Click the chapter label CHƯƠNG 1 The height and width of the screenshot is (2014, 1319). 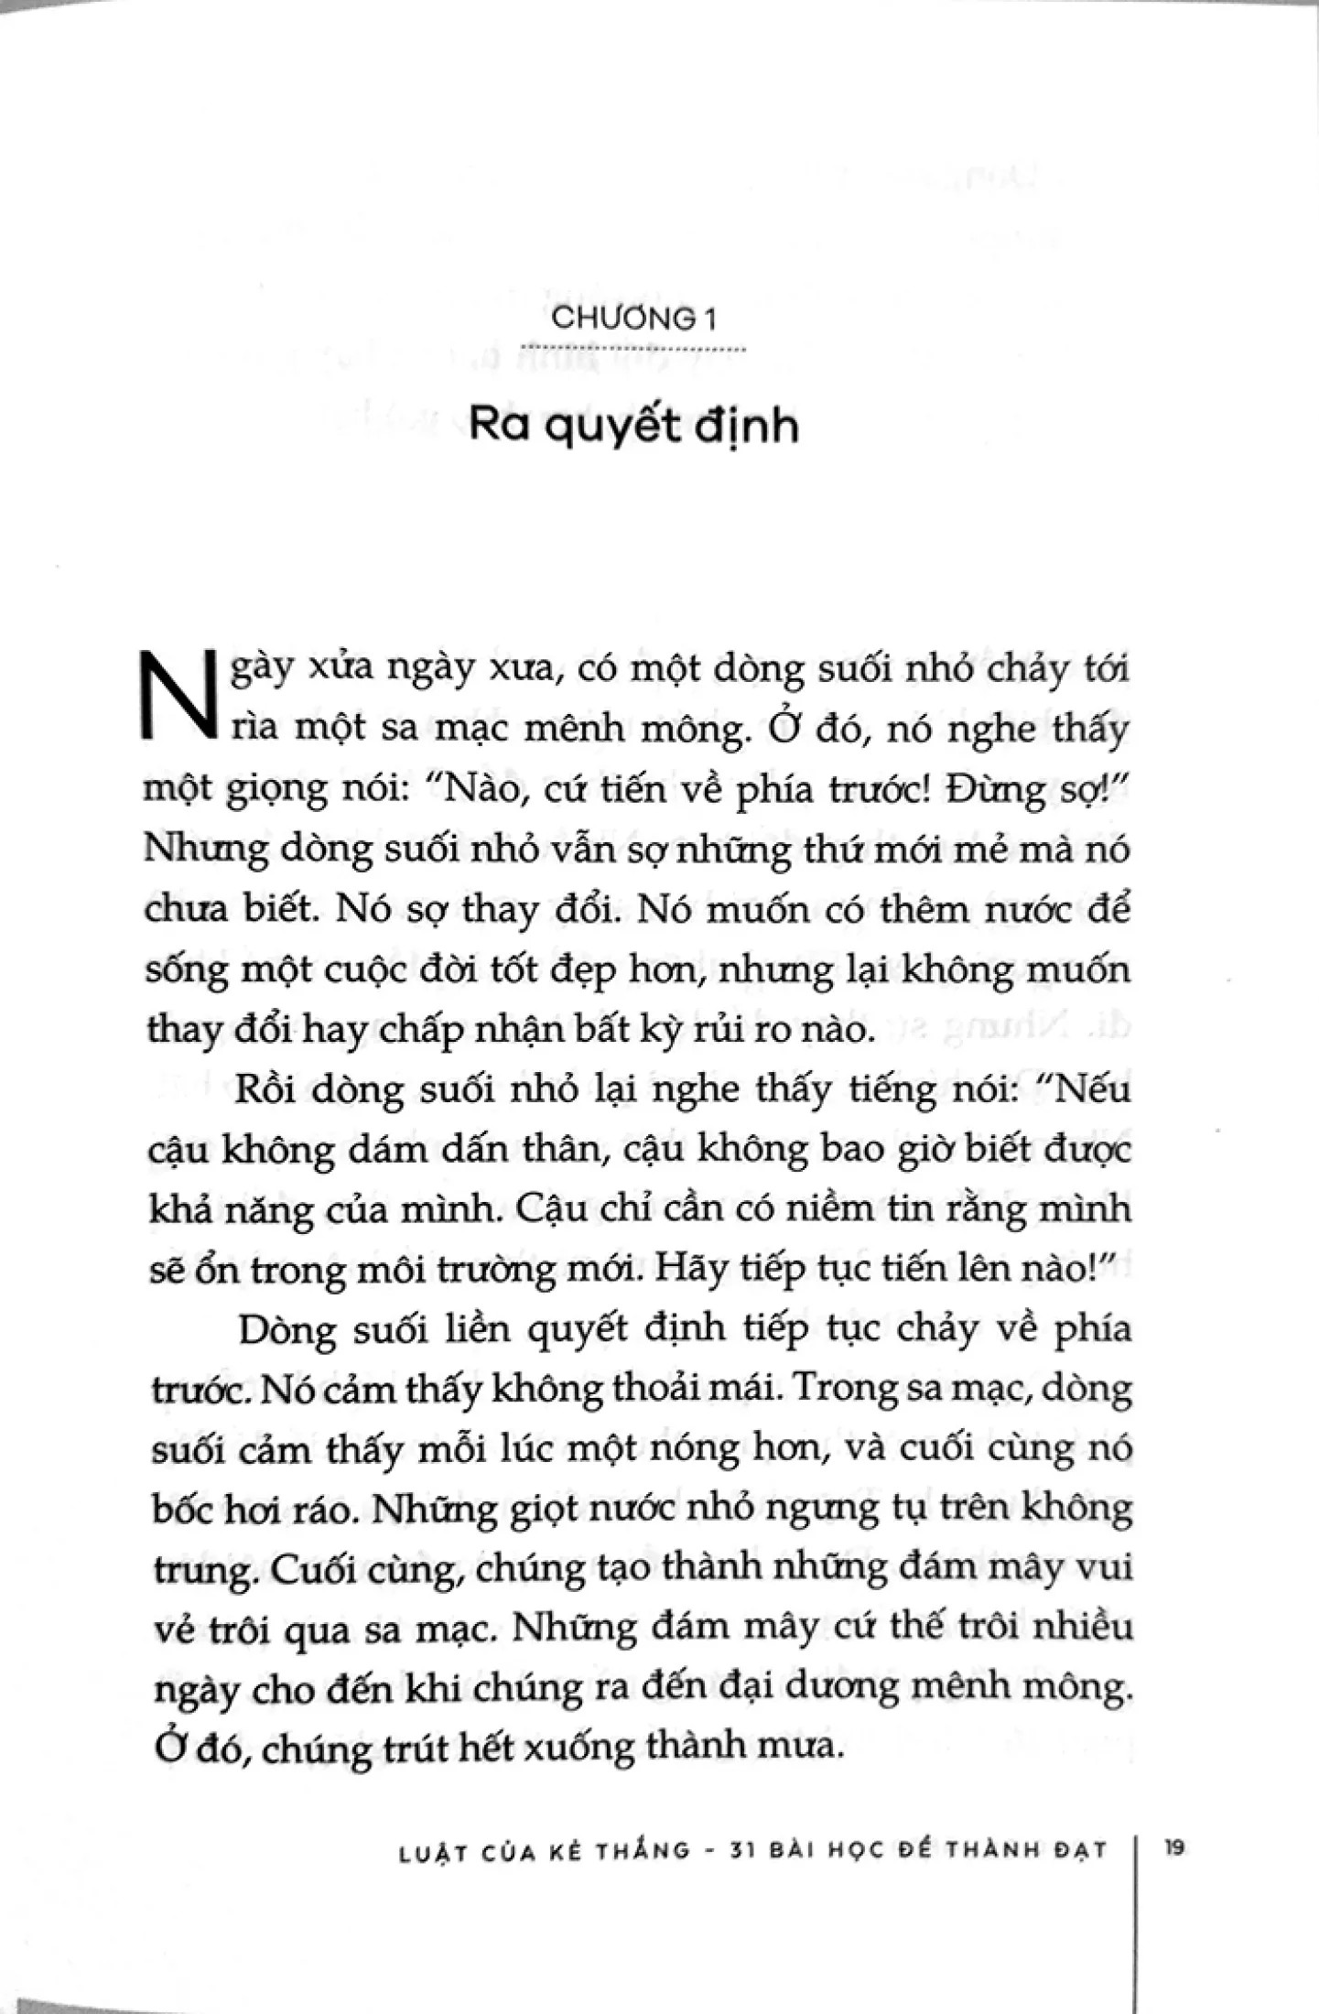[633, 319]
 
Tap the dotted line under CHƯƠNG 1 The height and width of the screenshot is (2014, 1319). [633, 349]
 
